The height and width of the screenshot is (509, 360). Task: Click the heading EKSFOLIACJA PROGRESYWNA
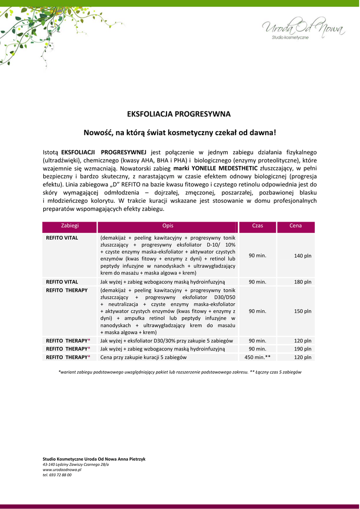tap(179, 114)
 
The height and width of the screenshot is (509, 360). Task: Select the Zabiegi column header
tap(70, 226)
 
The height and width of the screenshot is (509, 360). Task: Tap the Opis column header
tap(168, 226)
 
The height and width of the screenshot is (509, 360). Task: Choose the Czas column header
tap(258, 226)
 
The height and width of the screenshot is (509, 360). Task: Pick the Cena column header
tap(296, 226)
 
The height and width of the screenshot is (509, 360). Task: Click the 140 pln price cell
tap(302, 255)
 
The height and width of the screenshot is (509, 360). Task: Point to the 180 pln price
tap(302, 282)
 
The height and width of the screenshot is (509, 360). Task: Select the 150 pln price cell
tap(302, 311)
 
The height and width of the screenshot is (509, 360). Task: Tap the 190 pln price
tap(302, 349)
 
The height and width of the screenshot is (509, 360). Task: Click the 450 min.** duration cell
tap(258, 357)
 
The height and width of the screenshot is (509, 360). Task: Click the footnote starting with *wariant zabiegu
tap(180, 372)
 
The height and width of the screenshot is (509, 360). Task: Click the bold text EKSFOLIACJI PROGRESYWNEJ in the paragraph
tap(103, 152)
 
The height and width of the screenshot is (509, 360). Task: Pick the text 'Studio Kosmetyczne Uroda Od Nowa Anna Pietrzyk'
tap(94, 458)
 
